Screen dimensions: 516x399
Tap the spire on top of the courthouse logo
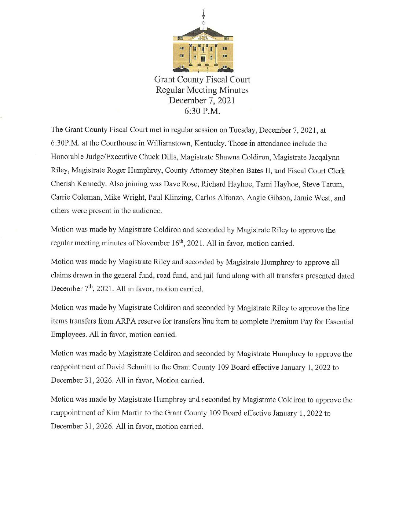click(204, 16)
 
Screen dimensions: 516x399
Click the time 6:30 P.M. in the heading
click(202, 111)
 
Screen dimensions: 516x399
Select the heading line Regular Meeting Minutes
click(202, 90)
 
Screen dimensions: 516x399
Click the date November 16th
click(165, 243)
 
